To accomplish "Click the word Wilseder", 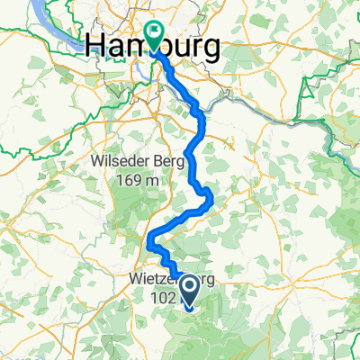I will tap(121, 163).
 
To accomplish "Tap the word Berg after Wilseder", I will tap(169, 163).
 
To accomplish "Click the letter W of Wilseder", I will tap(99, 163).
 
